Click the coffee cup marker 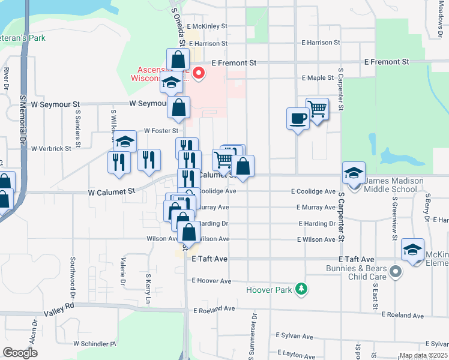(298, 118)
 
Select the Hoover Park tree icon (301, 290)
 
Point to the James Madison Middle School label (394, 185)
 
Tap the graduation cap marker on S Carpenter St (354, 172)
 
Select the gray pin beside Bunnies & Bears (395, 272)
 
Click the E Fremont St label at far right (387, 62)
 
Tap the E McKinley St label (207, 26)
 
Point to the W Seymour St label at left (56, 104)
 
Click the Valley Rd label (59, 305)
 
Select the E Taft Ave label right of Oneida (209, 259)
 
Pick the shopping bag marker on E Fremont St (178, 59)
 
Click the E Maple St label (318, 78)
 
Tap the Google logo (20, 353)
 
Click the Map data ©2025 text (423, 356)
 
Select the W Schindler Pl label (94, 344)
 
